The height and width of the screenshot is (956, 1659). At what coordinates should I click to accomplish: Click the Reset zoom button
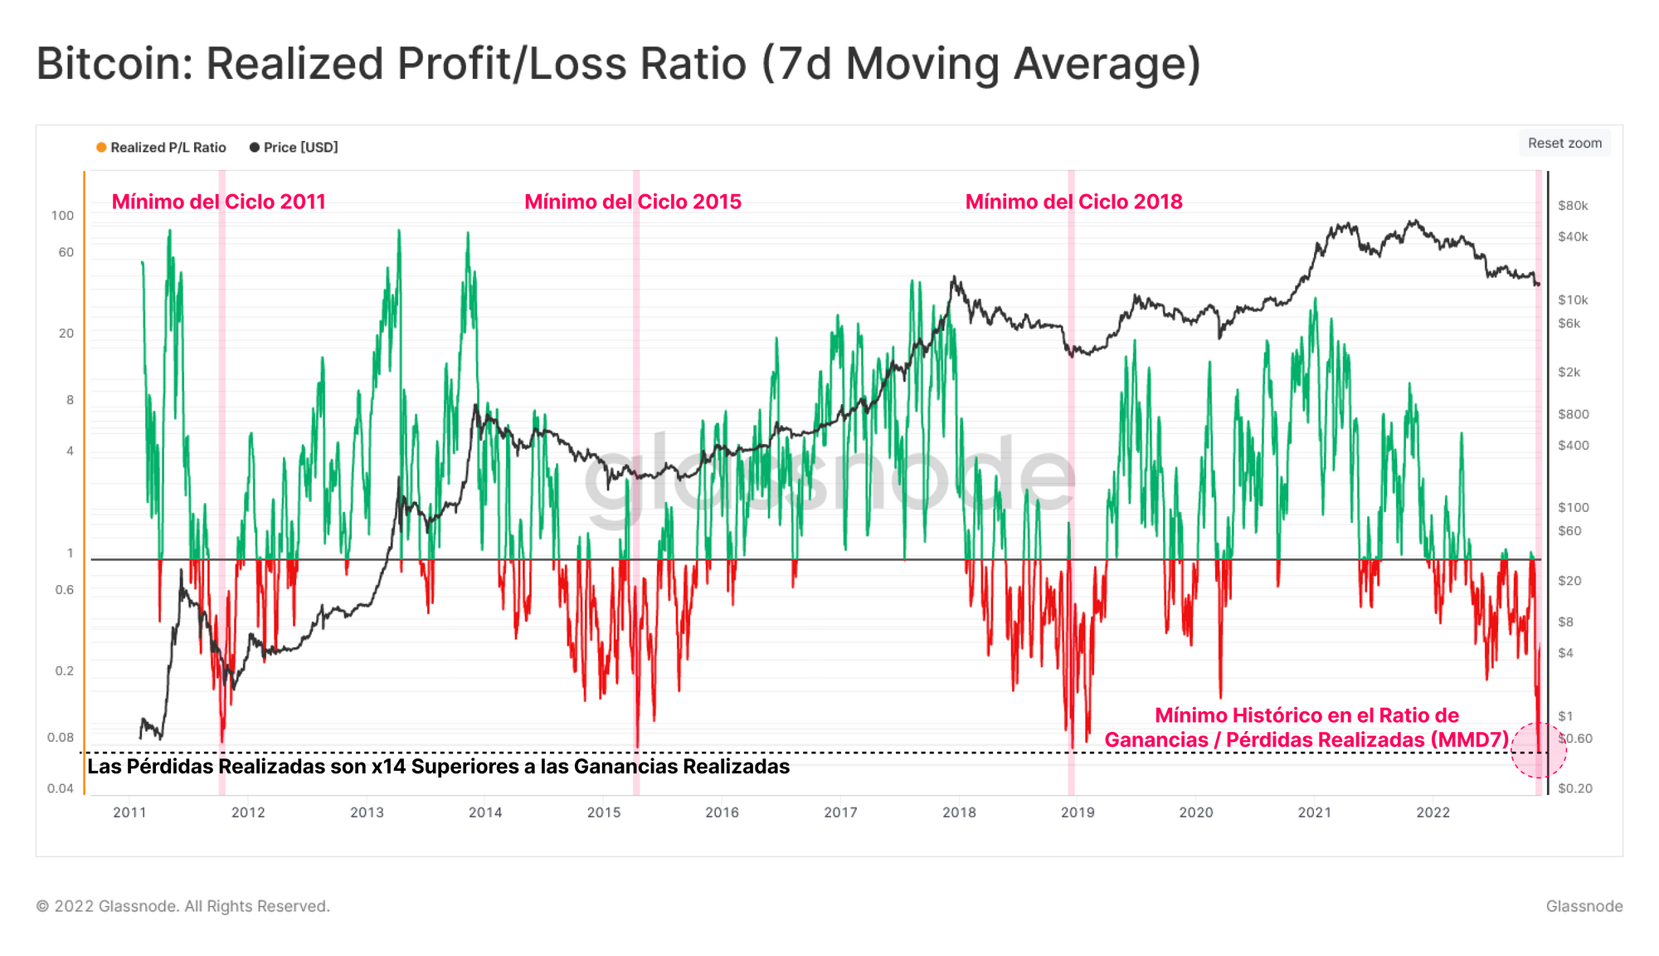coord(1564,143)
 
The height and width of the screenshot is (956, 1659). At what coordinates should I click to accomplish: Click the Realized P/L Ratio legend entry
coord(161,148)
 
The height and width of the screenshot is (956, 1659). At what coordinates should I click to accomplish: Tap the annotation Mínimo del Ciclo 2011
coord(218,202)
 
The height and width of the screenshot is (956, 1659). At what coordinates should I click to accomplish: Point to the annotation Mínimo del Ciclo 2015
coord(633,202)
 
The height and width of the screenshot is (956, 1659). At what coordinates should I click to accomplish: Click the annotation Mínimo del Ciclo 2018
coord(1073,202)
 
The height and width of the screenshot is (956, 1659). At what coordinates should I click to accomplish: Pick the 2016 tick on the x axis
coord(722,812)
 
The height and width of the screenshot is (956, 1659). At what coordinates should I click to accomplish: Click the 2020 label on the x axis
coord(1195,812)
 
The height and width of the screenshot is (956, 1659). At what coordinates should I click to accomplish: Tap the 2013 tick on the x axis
coord(367,812)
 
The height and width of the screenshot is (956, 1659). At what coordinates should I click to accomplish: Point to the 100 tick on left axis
coord(62,216)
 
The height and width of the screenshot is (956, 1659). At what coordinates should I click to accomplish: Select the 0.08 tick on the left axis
coord(61,738)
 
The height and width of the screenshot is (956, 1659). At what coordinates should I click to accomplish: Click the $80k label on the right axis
coord(1573,206)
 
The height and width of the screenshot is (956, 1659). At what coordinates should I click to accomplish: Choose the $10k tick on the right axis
coord(1573,300)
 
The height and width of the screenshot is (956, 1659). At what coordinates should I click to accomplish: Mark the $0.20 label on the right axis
coord(1574,788)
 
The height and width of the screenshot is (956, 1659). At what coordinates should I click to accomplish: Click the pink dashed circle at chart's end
coord(1538,750)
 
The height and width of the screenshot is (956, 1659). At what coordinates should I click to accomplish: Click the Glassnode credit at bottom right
coord(1584,906)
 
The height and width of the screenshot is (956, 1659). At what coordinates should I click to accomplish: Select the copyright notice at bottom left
coord(182,906)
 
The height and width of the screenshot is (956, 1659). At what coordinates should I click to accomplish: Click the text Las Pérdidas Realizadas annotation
coord(438,766)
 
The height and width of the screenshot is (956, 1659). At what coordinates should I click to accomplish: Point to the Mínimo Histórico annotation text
coord(1306,727)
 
